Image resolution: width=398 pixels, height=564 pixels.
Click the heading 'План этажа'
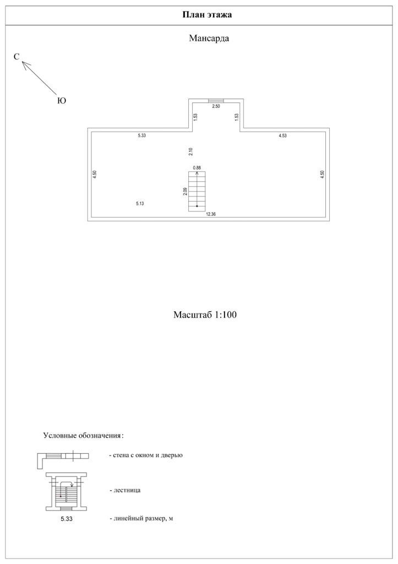[207, 14]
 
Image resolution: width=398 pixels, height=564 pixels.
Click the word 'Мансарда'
[209, 39]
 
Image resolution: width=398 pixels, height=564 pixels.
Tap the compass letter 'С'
[17, 57]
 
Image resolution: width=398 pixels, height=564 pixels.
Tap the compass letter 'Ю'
[62, 101]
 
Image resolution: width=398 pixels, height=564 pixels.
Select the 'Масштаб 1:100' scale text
[205, 316]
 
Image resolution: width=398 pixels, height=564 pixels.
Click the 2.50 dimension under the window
[216, 106]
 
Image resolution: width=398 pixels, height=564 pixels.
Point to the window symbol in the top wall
[216, 101]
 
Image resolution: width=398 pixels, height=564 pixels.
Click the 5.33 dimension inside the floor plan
[142, 135]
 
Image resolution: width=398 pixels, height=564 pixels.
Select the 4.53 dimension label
[283, 135]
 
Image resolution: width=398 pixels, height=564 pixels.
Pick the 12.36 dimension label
[210, 214]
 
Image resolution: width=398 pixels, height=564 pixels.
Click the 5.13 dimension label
[140, 204]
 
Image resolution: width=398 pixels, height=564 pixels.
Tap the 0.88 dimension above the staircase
[197, 167]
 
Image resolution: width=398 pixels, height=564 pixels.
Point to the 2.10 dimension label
[190, 151]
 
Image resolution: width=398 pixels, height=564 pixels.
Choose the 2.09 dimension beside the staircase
[185, 192]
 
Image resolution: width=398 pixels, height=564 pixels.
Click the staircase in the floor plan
[197, 191]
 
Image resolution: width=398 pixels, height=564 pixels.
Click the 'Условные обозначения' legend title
[83, 436]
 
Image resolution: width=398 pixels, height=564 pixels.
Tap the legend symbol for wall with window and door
[63, 457]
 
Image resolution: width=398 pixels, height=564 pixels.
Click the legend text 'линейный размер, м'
[141, 519]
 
